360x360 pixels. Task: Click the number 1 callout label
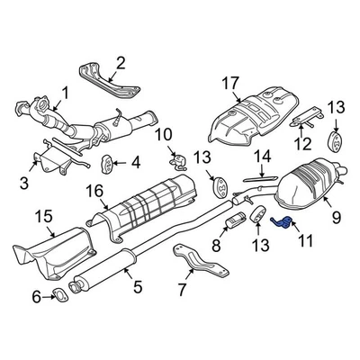64,91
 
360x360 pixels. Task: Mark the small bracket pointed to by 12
309,116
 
